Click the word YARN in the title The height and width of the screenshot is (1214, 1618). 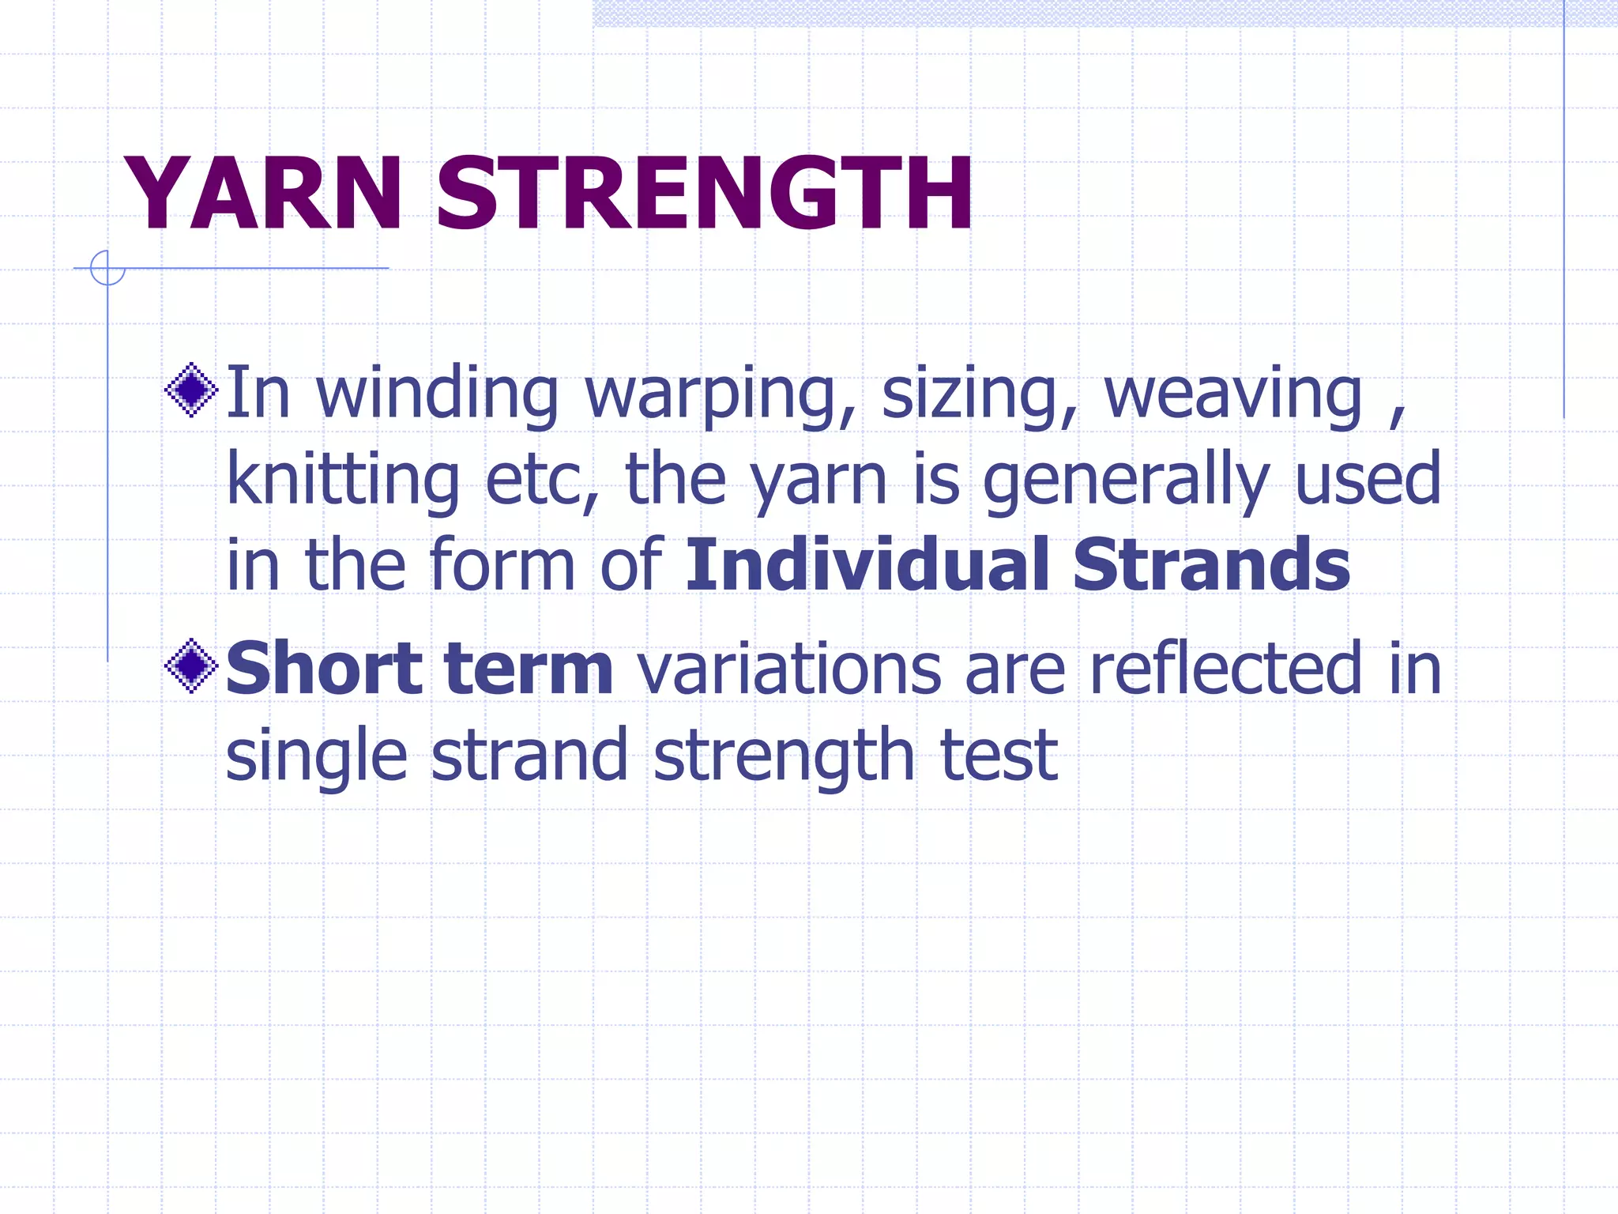click(x=264, y=194)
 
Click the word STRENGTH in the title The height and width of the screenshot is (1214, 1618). click(x=704, y=194)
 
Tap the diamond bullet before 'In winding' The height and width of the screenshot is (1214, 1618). click(x=191, y=390)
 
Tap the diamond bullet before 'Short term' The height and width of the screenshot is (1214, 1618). click(x=191, y=665)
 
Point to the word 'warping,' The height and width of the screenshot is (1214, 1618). click(x=720, y=395)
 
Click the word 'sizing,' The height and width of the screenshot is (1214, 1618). click(x=979, y=395)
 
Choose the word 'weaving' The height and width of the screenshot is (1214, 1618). click(x=1233, y=395)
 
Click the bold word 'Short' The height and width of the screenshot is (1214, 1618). click(x=325, y=669)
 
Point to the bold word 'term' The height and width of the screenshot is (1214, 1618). click(x=529, y=670)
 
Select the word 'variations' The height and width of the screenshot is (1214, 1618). click(x=789, y=670)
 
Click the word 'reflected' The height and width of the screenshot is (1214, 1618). click(x=1227, y=669)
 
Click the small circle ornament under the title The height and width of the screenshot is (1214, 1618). click(x=107, y=268)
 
